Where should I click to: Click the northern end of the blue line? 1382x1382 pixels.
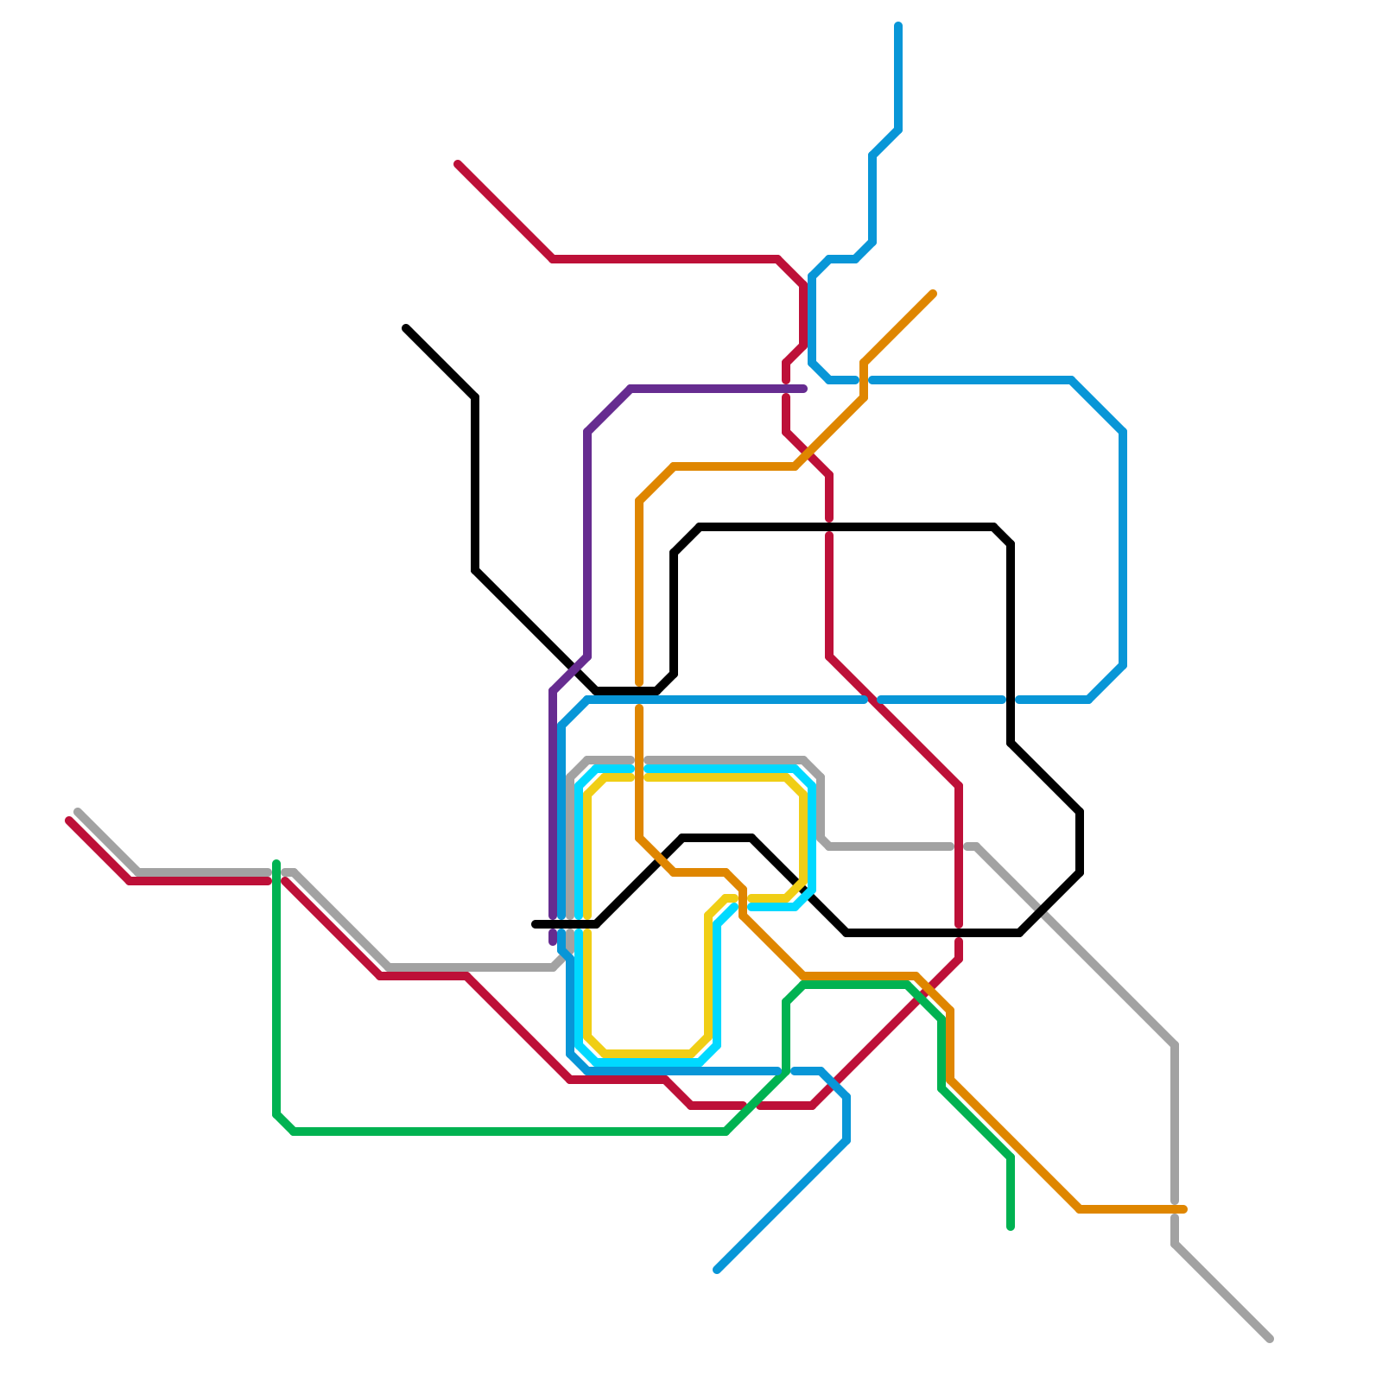[x=898, y=26]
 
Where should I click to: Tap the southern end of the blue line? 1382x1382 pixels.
[x=718, y=1270]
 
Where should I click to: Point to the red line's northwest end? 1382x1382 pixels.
[x=458, y=164]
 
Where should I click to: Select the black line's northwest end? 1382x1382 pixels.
[x=406, y=328]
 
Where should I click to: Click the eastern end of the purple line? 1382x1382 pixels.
[x=804, y=389]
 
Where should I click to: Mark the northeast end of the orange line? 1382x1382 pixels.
[x=934, y=294]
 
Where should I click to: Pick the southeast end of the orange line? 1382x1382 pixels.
[x=1184, y=1209]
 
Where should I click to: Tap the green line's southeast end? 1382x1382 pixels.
[x=1011, y=1227]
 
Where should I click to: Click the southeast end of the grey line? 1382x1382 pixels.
[x=1271, y=1339]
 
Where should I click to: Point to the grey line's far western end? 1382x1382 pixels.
[x=78, y=812]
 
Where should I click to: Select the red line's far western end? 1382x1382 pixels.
[x=69, y=821]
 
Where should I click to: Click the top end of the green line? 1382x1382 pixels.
[x=276, y=863]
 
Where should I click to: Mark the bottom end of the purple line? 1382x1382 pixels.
[x=553, y=942]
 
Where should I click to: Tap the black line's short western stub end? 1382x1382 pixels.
[x=535, y=924]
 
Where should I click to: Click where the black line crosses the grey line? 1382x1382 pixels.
[x=1041, y=912]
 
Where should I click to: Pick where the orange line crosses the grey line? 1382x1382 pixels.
[x=639, y=760]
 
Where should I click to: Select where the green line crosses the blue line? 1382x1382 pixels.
[x=786, y=1071]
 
